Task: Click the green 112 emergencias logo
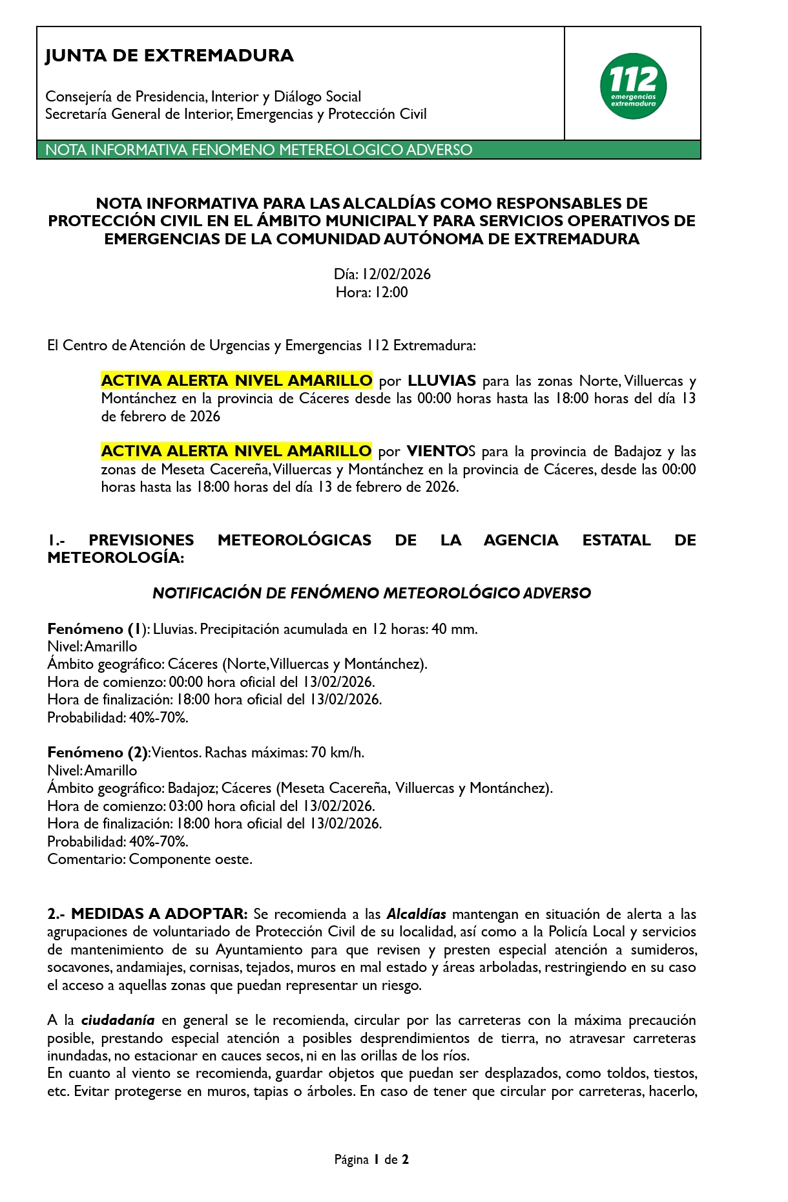coord(633,86)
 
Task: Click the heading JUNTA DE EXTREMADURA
coord(169,56)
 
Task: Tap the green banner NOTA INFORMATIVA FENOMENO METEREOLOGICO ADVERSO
coord(258,150)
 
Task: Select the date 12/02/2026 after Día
coord(395,274)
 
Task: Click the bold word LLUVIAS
coord(442,381)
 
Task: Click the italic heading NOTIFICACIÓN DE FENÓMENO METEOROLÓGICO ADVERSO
coord(371,593)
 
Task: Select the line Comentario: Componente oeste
coord(150,859)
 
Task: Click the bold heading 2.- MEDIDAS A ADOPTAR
coord(147,914)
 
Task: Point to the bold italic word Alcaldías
coord(416,914)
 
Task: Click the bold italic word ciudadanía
coord(118,1020)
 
